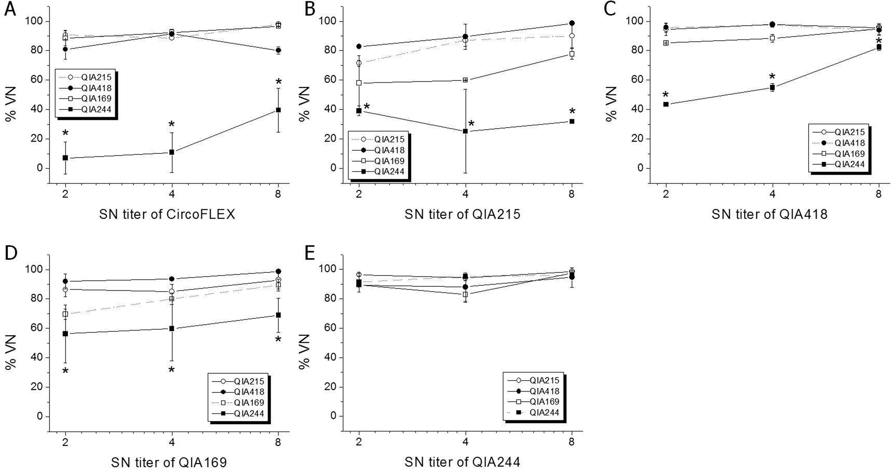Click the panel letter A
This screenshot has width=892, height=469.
point(10,9)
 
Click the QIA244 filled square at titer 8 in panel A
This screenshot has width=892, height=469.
point(278,110)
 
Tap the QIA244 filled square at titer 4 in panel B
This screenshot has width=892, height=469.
point(465,131)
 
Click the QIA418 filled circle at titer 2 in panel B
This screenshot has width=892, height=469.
point(359,46)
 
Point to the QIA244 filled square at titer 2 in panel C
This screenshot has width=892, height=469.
point(666,104)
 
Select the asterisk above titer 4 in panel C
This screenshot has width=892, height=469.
point(772,77)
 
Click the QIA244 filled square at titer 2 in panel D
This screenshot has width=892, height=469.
point(65,333)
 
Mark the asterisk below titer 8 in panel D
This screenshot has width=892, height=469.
point(278,340)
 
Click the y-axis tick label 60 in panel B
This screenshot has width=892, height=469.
point(330,80)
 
